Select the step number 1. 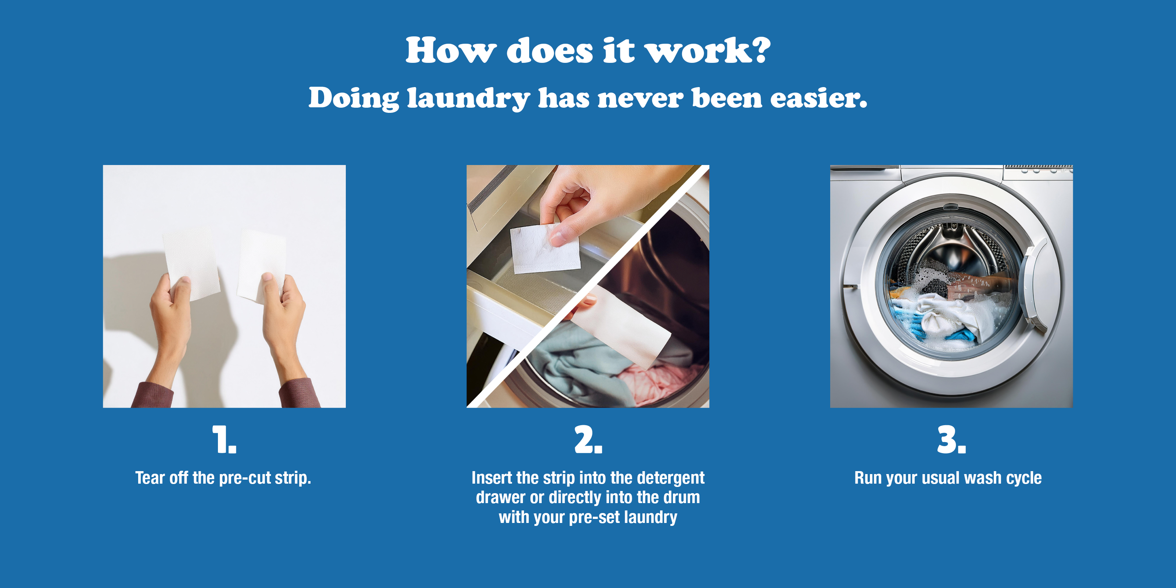pos(224,439)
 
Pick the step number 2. pos(588,439)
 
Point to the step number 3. pos(951,439)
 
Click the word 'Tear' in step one pos(150,478)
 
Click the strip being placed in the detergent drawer pos(544,249)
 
